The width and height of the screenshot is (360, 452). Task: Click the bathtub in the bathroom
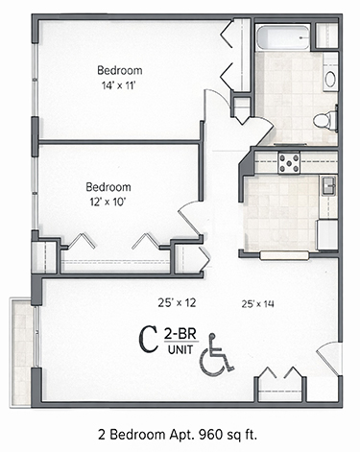click(x=284, y=39)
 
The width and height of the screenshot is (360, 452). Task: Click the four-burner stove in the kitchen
click(x=290, y=162)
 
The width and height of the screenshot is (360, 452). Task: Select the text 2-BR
click(x=179, y=332)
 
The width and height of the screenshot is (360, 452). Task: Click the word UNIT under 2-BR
click(x=179, y=349)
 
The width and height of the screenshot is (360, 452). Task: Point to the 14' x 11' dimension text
click(x=120, y=86)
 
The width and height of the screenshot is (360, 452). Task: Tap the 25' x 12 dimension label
click(x=177, y=302)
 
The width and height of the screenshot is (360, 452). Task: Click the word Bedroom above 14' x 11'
click(x=120, y=71)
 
